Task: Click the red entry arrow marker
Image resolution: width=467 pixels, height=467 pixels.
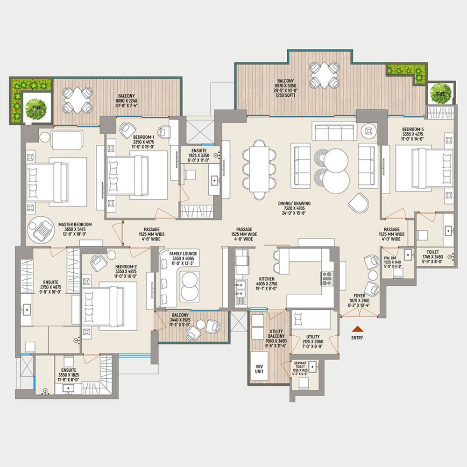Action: (x=358, y=328)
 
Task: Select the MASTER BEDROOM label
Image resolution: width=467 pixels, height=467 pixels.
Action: (x=75, y=227)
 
